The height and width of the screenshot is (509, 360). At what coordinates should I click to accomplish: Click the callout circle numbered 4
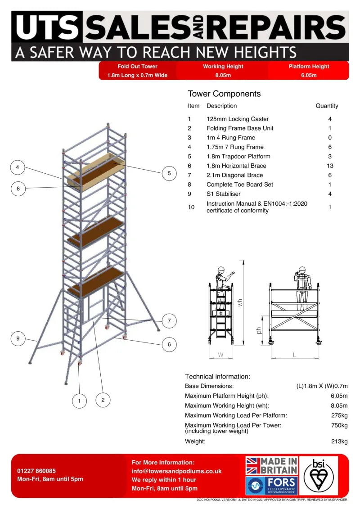tap(18, 168)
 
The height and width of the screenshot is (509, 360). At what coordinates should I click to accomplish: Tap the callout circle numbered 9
tap(18, 338)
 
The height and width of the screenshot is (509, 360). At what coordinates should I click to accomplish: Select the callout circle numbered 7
tap(169, 321)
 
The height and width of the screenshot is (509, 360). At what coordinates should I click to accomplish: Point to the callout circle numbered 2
tap(103, 400)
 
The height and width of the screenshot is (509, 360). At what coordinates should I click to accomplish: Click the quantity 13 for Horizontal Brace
tap(330, 166)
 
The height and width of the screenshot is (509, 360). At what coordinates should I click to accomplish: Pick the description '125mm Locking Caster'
tap(238, 119)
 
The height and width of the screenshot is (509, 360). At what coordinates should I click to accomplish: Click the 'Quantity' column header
tap(327, 106)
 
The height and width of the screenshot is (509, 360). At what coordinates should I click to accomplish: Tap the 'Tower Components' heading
tap(224, 94)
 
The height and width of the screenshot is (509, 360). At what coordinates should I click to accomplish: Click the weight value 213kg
tap(339, 441)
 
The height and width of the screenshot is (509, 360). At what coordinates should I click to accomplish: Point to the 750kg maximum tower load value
tap(339, 425)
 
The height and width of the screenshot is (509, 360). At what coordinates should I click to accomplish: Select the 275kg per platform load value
tap(339, 415)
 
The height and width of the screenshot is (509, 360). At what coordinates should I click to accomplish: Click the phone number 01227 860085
tap(36, 471)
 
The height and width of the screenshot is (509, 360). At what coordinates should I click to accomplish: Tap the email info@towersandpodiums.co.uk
tap(176, 471)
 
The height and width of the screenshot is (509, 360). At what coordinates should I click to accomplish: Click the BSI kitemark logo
tap(320, 475)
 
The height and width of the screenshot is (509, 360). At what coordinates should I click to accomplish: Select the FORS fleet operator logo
tap(271, 486)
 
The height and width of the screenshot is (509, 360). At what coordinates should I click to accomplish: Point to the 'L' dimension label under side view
tap(294, 355)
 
